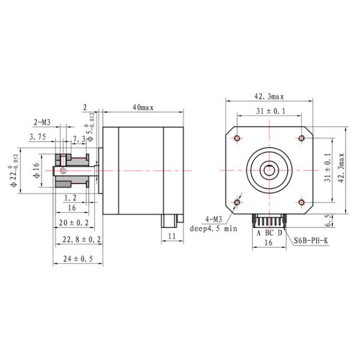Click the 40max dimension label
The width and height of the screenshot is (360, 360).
[x=144, y=107]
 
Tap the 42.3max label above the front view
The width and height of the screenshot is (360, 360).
[x=269, y=96]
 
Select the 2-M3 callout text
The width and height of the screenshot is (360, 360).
[x=41, y=122]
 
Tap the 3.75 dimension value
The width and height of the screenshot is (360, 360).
[x=38, y=137]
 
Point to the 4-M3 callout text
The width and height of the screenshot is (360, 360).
[x=213, y=219]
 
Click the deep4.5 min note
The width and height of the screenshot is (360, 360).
[x=214, y=229]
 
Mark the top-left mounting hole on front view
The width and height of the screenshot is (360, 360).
[x=238, y=139]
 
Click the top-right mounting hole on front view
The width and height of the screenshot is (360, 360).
[x=301, y=139]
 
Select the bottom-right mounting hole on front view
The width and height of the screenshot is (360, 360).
[x=301, y=202]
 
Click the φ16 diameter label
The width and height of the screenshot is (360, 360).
[x=35, y=170]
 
